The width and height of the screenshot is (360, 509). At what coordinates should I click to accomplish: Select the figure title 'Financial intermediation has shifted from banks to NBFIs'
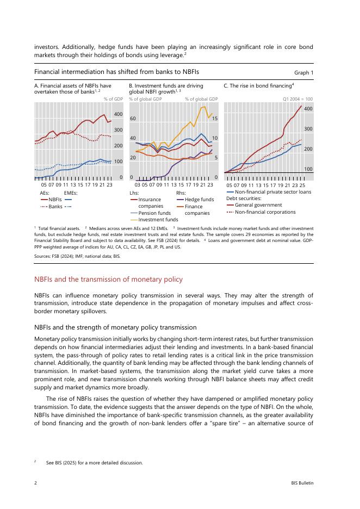point(116,72)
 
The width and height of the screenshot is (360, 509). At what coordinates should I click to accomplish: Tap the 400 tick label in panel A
point(117,114)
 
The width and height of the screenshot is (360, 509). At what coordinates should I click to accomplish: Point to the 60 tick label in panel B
point(133,118)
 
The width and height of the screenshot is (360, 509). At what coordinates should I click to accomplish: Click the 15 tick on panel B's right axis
point(215,118)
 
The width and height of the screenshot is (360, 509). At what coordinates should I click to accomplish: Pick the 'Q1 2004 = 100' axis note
point(298,99)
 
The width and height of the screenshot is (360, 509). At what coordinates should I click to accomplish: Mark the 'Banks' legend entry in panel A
point(55,207)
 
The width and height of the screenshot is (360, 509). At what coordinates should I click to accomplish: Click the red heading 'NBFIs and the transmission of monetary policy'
point(108,279)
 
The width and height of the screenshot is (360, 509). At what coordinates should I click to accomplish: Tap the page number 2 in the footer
point(35,482)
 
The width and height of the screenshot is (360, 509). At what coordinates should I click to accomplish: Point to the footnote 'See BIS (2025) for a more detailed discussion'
point(95,463)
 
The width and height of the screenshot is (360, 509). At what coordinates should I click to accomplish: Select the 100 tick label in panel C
point(308,169)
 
